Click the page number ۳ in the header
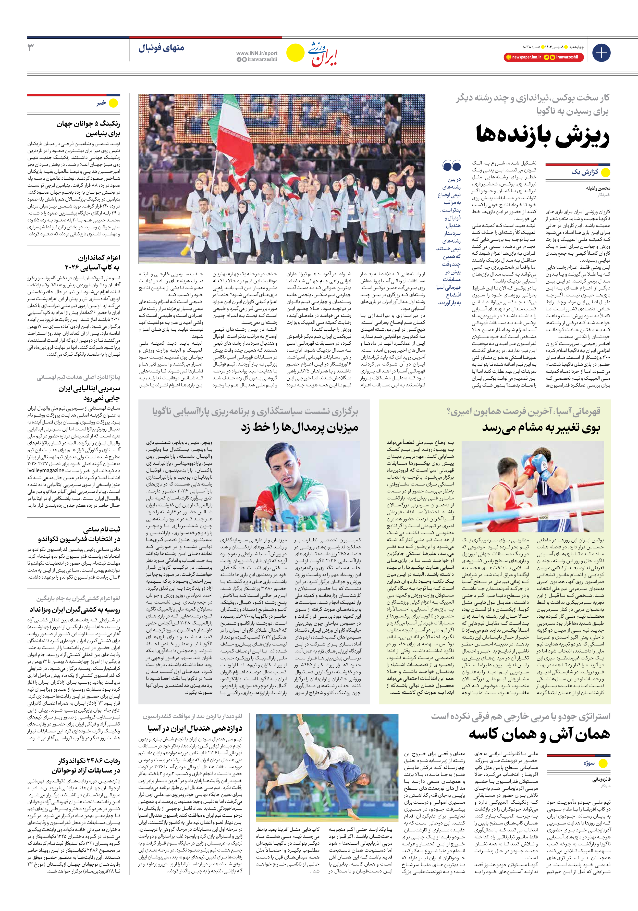click(x=31, y=48)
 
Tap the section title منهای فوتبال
click(x=161, y=48)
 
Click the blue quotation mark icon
click(x=451, y=166)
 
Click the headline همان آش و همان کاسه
click(x=539, y=734)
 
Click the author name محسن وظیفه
click(x=598, y=189)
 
